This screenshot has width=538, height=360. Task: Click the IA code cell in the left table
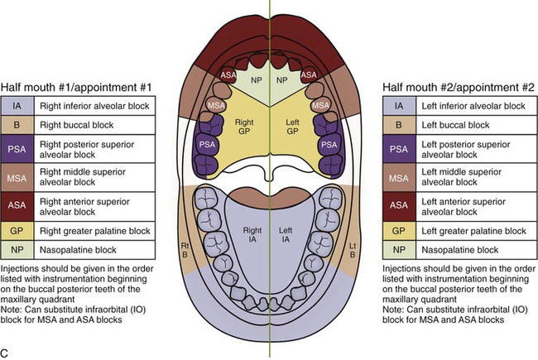tap(17, 107)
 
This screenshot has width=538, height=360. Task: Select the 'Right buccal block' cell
tap(78, 127)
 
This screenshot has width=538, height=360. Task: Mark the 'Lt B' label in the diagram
tap(353, 250)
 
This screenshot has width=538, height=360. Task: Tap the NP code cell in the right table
tap(399, 248)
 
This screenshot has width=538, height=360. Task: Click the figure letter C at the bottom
tap(6, 353)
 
